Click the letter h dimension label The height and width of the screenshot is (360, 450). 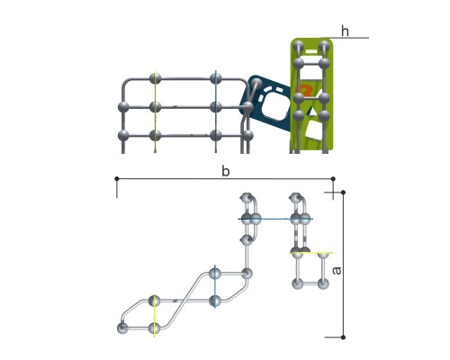tap(345, 31)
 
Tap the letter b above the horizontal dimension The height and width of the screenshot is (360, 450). tap(226, 171)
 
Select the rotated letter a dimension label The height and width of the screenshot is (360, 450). tap(337, 271)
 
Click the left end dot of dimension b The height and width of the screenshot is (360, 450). tap(117, 179)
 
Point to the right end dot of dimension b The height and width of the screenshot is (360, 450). tap(333, 179)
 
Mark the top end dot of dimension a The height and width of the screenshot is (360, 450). tap(343, 192)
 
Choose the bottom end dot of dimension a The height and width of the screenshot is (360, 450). tap(343, 337)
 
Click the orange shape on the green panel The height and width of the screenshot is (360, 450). tap(303, 90)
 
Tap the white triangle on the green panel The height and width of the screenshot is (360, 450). tap(312, 111)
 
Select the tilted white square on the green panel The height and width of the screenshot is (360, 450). tap(313, 130)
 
